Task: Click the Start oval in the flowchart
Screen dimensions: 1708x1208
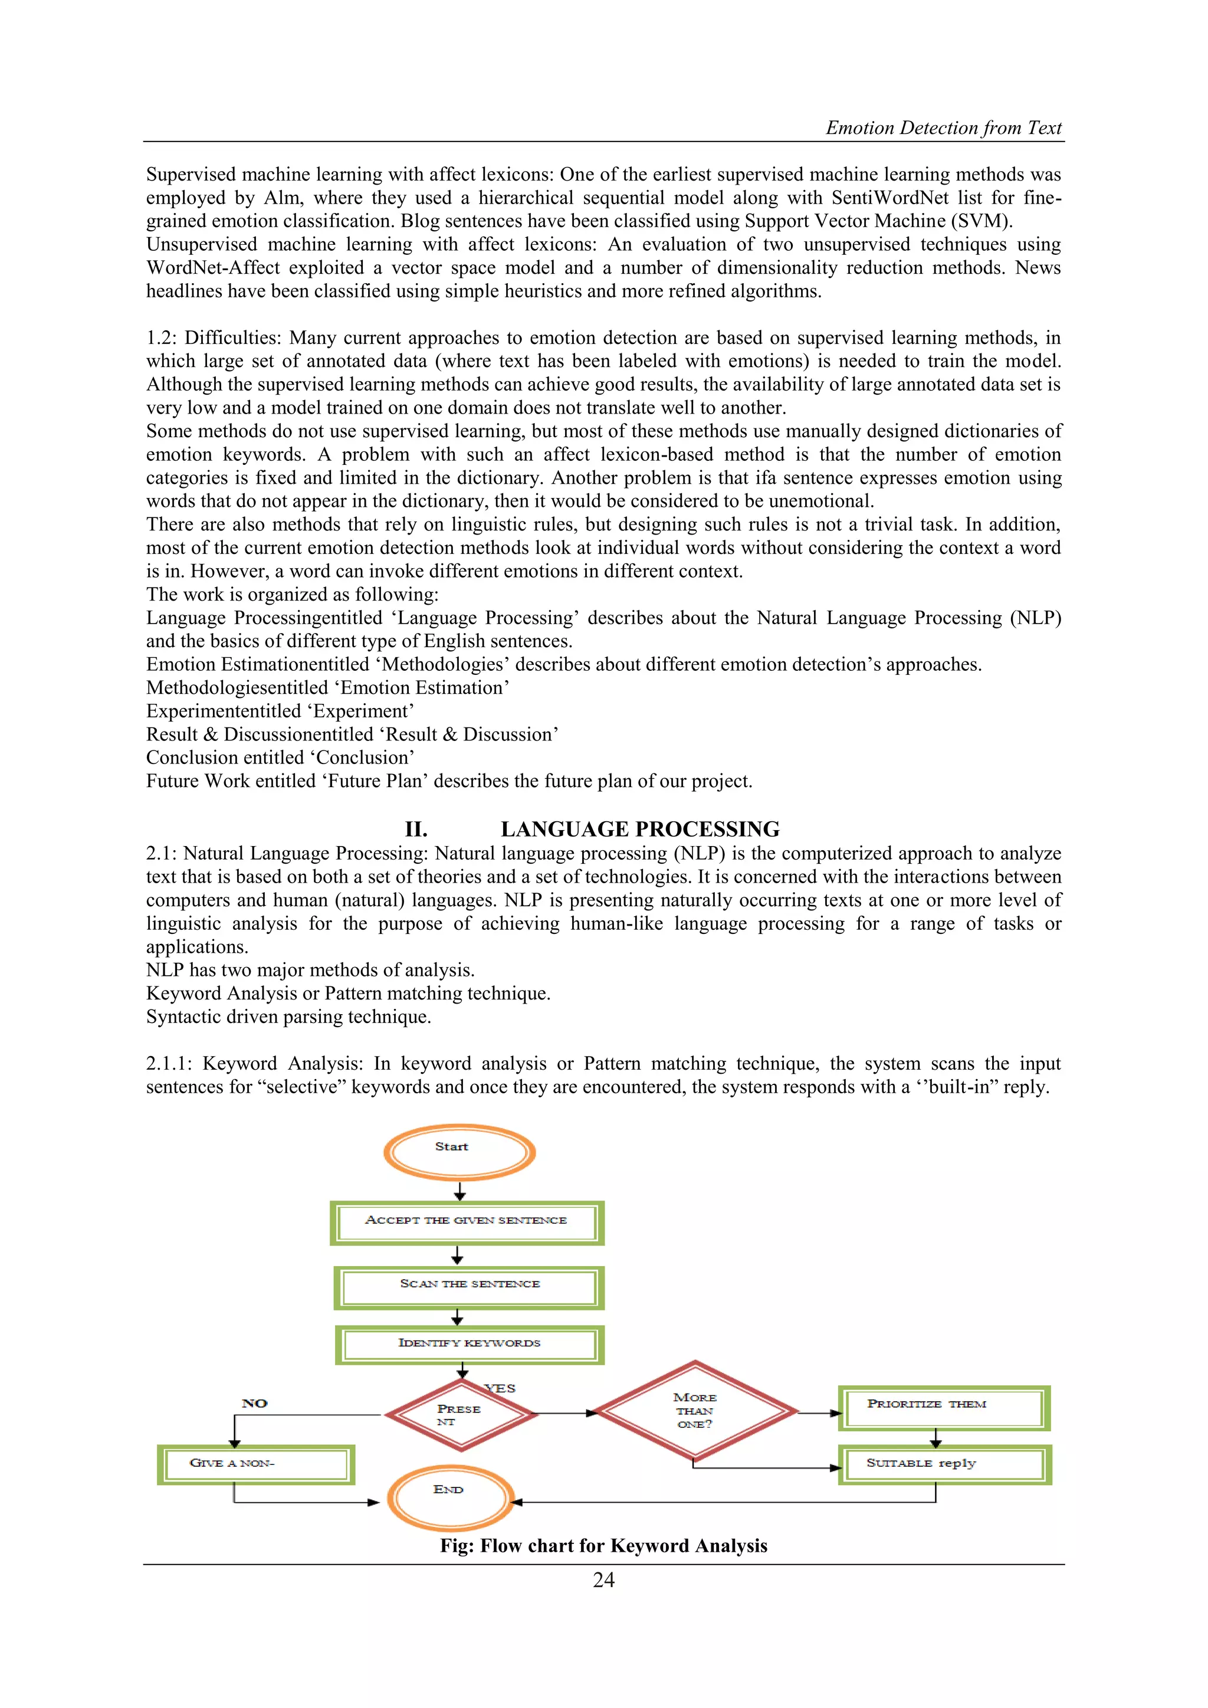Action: (459, 1152)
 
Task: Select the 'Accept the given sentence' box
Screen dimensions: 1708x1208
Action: (467, 1223)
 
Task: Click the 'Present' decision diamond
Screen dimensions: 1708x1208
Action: (461, 1414)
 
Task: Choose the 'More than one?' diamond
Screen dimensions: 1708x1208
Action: (695, 1411)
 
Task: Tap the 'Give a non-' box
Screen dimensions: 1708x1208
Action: (255, 1464)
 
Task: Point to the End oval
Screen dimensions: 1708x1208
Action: (450, 1497)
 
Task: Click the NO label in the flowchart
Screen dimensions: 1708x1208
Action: (254, 1403)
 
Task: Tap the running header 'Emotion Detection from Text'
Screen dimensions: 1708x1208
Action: (943, 128)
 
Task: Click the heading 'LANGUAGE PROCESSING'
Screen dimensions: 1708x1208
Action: (640, 829)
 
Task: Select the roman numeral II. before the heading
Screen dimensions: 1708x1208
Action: (416, 829)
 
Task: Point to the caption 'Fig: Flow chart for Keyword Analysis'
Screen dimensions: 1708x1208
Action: (603, 1546)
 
